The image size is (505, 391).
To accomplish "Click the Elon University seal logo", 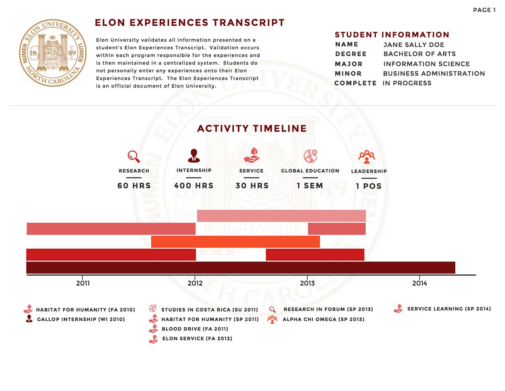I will tap(53, 53).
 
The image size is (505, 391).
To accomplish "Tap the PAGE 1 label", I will tap(484, 10).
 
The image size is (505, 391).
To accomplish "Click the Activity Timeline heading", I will tap(252, 128).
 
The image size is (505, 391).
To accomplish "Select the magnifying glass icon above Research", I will tap(134, 156).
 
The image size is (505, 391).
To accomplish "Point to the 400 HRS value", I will tap(194, 186).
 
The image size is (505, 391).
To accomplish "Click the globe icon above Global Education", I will tap(310, 156).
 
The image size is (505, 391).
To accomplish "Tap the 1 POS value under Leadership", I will tap(369, 186).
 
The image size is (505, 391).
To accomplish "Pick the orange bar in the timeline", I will tap(235, 242).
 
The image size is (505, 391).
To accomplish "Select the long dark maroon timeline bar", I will tap(240, 268).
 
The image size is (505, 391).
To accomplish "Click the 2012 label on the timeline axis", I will tap(195, 283).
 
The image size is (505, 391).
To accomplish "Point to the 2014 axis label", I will tap(420, 283).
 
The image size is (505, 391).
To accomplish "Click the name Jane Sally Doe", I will tap(414, 45).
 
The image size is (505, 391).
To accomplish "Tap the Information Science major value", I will tap(427, 64).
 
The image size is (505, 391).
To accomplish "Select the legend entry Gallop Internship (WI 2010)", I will tap(81, 319).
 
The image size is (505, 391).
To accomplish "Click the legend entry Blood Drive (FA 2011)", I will tap(195, 329).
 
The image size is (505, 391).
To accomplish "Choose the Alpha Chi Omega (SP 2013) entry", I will tap(323, 319).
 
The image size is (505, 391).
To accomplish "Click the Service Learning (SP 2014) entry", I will tap(449, 309).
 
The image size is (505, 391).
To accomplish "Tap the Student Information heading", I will tap(392, 35).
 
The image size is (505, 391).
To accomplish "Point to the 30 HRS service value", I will tap(252, 186).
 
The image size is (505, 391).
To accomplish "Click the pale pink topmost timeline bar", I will tap(281, 216).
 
